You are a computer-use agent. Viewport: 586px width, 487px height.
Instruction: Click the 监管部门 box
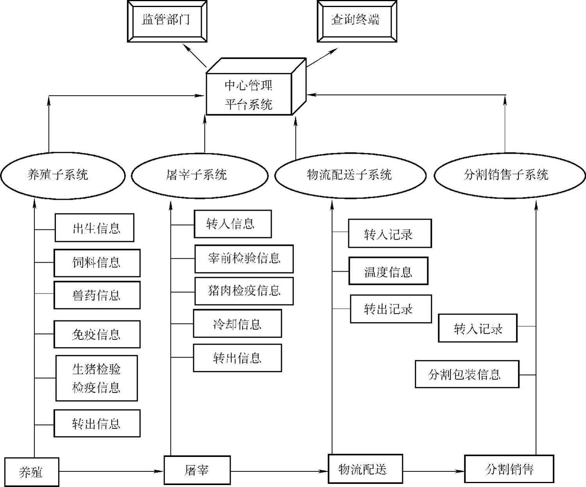pyautogui.click(x=167, y=21)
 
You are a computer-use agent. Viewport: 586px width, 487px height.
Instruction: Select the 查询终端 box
pyautogui.click(x=357, y=21)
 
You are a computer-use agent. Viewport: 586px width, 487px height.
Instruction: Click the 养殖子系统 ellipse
pyautogui.click(x=62, y=175)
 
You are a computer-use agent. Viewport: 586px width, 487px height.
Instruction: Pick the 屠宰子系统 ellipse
pyautogui.click(x=199, y=175)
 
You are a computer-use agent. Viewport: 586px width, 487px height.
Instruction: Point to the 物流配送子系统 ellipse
pyautogui.click(x=350, y=175)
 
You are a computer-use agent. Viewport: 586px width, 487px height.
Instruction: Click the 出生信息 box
pyautogui.click(x=94, y=228)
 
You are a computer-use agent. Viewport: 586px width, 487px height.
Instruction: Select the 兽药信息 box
pyautogui.click(x=97, y=295)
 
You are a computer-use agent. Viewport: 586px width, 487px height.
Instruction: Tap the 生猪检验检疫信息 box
pyautogui.click(x=96, y=378)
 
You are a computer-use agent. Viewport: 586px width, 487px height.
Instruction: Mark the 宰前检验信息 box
pyautogui.click(x=244, y=259)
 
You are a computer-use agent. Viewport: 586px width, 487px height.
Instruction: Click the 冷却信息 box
pyautogui.click(x=237, y=323)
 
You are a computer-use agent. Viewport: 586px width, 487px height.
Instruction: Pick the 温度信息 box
pyautogui.click(x=388, y=271)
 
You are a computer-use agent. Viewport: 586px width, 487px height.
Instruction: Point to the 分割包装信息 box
pyautogui.click(x=467, y=374)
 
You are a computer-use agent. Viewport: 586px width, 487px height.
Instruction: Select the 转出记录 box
pyautogui.click(x=391, y=309)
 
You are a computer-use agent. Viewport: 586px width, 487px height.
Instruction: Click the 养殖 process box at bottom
pyautogui.click(x=31, y=472)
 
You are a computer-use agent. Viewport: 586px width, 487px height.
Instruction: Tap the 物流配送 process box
pyautogui.click(x=365, y=469)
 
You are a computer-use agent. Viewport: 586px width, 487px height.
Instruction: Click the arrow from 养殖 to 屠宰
pyautogui.click(x=111, y=471)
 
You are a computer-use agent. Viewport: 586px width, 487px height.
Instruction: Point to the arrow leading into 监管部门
pyautogui.click(x=195, y=55)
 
